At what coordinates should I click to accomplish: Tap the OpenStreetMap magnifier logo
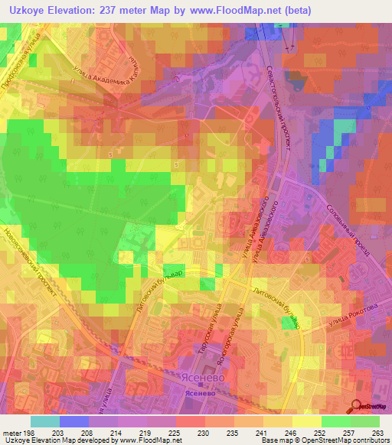(357, 407)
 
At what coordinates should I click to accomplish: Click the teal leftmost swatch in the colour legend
(45, 421)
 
